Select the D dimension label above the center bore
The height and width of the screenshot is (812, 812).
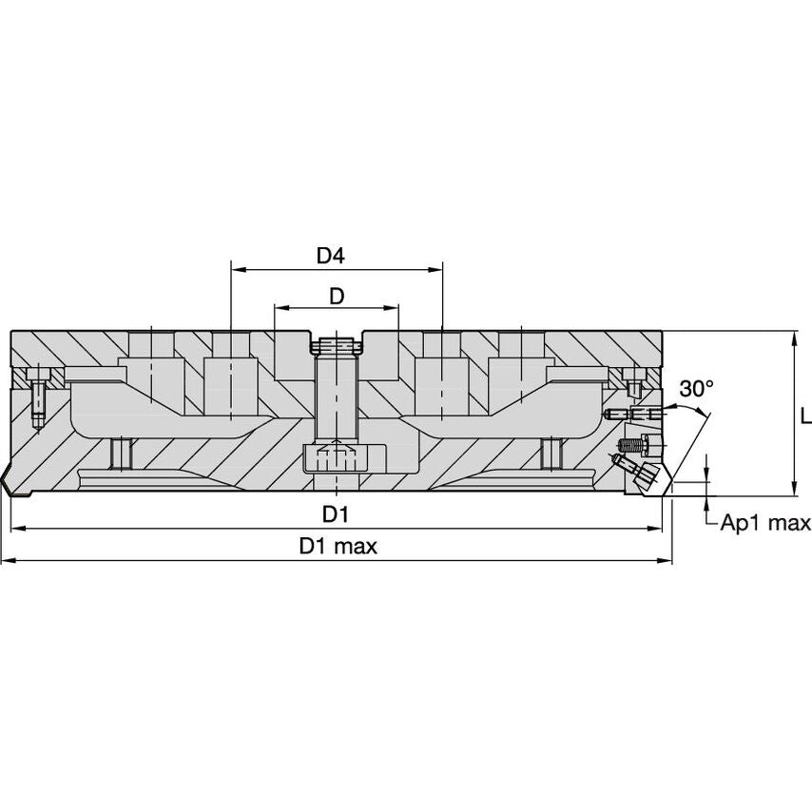point(336,296)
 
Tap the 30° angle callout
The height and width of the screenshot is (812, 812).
point(696,388)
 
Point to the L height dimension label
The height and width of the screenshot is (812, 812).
point(804,416)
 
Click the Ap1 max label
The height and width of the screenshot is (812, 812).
point(764,522)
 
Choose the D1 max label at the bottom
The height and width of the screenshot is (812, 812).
point(338,547)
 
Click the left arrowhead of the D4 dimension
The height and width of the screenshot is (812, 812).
point(237,269)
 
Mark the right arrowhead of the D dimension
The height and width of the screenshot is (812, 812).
point(393,308)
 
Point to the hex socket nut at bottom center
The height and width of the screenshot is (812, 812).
point(336,460)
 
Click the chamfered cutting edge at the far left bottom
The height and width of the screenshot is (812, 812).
point(11,480)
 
